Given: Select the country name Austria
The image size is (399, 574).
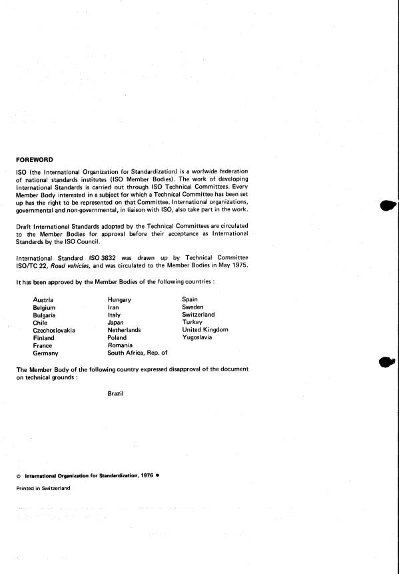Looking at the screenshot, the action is (43, 300).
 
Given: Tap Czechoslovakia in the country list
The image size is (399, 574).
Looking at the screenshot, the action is (54, 330).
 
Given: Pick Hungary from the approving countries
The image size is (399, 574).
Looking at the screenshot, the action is (119, 300).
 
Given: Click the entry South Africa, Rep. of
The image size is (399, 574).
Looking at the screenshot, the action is (137, 353).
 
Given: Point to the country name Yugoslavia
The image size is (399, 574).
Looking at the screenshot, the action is (197, 337).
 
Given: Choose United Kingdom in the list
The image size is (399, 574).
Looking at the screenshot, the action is (205, 330).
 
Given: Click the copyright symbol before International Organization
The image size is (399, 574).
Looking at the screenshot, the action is (18, 477).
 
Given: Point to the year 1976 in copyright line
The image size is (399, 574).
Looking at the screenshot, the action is (146, 477).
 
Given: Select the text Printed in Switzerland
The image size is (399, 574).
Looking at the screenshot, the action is (43, 488).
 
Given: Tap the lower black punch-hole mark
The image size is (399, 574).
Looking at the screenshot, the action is (388, 361).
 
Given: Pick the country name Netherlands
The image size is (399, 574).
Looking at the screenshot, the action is (124, 330).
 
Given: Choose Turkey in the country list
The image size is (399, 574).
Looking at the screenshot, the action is (192, 323).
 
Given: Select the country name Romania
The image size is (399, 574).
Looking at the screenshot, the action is (121, 345).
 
